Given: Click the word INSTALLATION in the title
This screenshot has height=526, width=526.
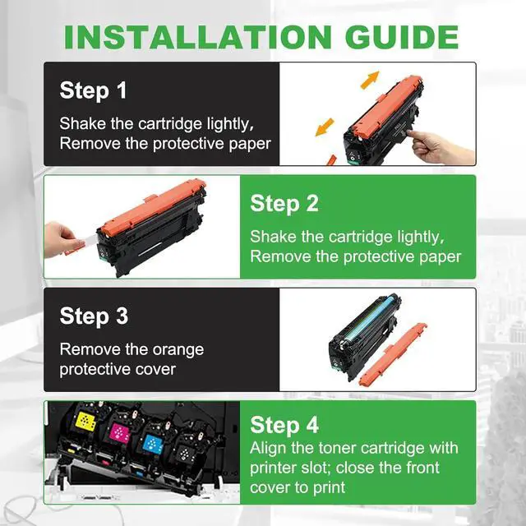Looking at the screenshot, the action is click(198, 37).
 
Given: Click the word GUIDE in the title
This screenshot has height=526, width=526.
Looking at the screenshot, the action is click(402, 37).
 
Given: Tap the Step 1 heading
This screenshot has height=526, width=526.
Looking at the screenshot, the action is click(93, 90).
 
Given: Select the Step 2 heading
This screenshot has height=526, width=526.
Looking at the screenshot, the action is click(284, 204).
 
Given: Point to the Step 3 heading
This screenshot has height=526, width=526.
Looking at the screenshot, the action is click(94, 316).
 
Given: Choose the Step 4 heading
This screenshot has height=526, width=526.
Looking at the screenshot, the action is click(284, 425).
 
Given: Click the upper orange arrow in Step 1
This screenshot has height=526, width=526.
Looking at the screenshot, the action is click(370, 80).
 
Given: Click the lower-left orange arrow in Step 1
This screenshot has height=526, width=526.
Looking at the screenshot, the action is click(325, 127).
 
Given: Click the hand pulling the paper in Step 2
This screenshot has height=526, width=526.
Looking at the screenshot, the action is click(60, 239).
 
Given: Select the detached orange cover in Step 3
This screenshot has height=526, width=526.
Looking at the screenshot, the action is click(393, 354).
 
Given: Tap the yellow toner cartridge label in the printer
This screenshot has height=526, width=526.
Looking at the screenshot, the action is click(85, 422).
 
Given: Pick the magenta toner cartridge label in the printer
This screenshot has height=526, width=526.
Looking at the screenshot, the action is click(119, 433).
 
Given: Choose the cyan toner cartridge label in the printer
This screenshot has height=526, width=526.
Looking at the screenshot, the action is click(153, 444).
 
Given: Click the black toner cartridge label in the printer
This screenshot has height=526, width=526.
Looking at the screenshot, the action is click(185, 454).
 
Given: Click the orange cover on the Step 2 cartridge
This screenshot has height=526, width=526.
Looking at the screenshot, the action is click(154, 207).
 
